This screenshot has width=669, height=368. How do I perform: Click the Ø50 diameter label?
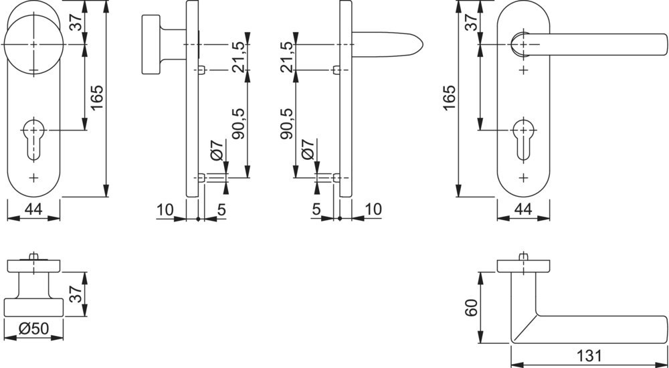tap(33, 329)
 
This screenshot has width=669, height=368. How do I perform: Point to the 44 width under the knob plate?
tap(33, 209)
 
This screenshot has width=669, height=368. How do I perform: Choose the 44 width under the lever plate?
tap(523, 209)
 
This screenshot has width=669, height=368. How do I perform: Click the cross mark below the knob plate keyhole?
tap(33, 177)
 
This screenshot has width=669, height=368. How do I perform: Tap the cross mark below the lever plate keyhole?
tap(523, 177)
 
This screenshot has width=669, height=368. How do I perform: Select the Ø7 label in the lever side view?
tap(308, 149)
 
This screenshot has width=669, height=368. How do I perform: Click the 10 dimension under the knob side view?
tap(164, 209)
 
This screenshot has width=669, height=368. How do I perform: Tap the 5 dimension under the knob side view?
tap(221, 209)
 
